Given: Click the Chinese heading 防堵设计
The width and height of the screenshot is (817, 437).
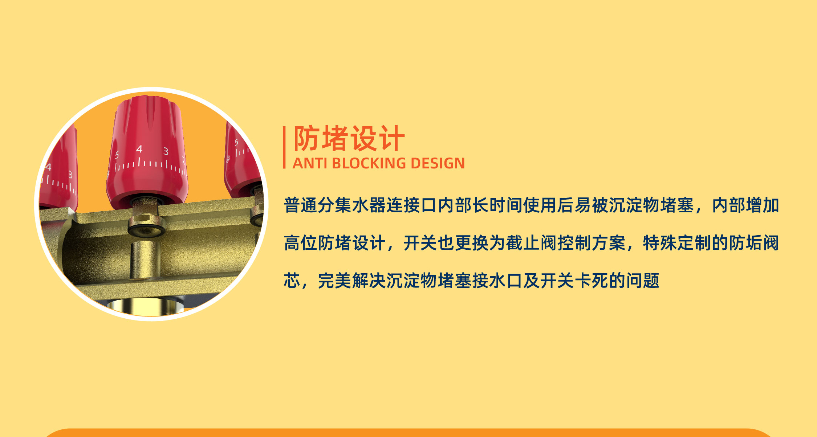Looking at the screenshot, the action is [349, 138].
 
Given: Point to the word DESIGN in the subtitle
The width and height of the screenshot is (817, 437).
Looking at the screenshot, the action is [438, 163].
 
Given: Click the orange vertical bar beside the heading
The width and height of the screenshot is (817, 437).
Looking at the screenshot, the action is [284, 147].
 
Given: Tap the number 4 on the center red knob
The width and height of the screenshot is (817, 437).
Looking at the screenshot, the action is [139, 149].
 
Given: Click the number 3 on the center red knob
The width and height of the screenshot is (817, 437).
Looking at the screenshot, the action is [166, 151].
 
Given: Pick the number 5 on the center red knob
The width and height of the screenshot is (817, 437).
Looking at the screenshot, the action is [117, 155].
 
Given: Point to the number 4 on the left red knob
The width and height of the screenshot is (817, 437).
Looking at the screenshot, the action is [48, 167].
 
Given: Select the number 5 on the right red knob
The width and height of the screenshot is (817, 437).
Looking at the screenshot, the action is [236, 142].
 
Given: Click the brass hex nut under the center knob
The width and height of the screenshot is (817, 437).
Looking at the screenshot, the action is [144, 219].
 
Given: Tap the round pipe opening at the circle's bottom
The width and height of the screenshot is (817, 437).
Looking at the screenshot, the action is [145, 307].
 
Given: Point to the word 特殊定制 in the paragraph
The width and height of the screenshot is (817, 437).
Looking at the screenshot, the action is [677, 243].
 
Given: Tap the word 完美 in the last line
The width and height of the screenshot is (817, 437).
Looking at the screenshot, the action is [334, 281].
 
